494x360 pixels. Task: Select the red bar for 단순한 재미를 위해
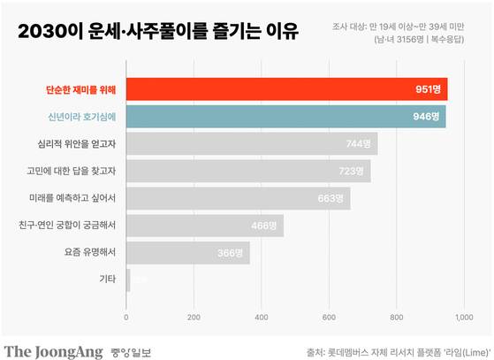[x=287, y=89]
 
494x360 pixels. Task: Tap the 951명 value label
[x=428, y=89]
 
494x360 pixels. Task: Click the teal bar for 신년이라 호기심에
[x=286, y=117]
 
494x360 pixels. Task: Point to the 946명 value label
[x=426, y=117]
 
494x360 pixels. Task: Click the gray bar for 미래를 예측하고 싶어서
[x=239, y=199]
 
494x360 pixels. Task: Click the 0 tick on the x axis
[x=127, y=316]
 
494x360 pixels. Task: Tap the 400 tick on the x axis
[x=262, y=316]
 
